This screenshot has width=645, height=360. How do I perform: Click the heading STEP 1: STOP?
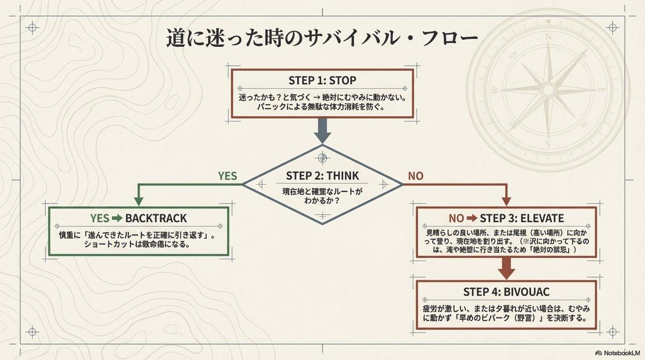click(x=322, y=80)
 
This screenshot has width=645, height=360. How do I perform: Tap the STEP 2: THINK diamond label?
click(x=322, y=176)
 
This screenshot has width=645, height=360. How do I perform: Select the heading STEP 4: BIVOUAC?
click(x=506, y=292)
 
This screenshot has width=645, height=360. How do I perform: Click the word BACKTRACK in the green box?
click(x=156, y=218)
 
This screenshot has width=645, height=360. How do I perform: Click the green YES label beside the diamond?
click(x=227, y=176)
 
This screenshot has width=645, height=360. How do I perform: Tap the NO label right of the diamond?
click(x=415, y=176)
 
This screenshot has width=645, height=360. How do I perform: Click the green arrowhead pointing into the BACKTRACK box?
click(x=139, y=201)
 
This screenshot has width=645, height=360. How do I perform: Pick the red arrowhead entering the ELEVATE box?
click(x=506, y=201)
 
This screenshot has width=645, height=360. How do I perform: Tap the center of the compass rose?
click(x=548, y=89)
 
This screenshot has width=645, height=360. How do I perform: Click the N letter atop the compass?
click(x=548, y=36)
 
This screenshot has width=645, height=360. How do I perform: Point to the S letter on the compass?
click(x=548, y=144)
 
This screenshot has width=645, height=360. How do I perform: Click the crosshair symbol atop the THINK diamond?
click(x=322, y=158)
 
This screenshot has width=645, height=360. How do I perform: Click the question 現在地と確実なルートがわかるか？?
click(x=322, y=195)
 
